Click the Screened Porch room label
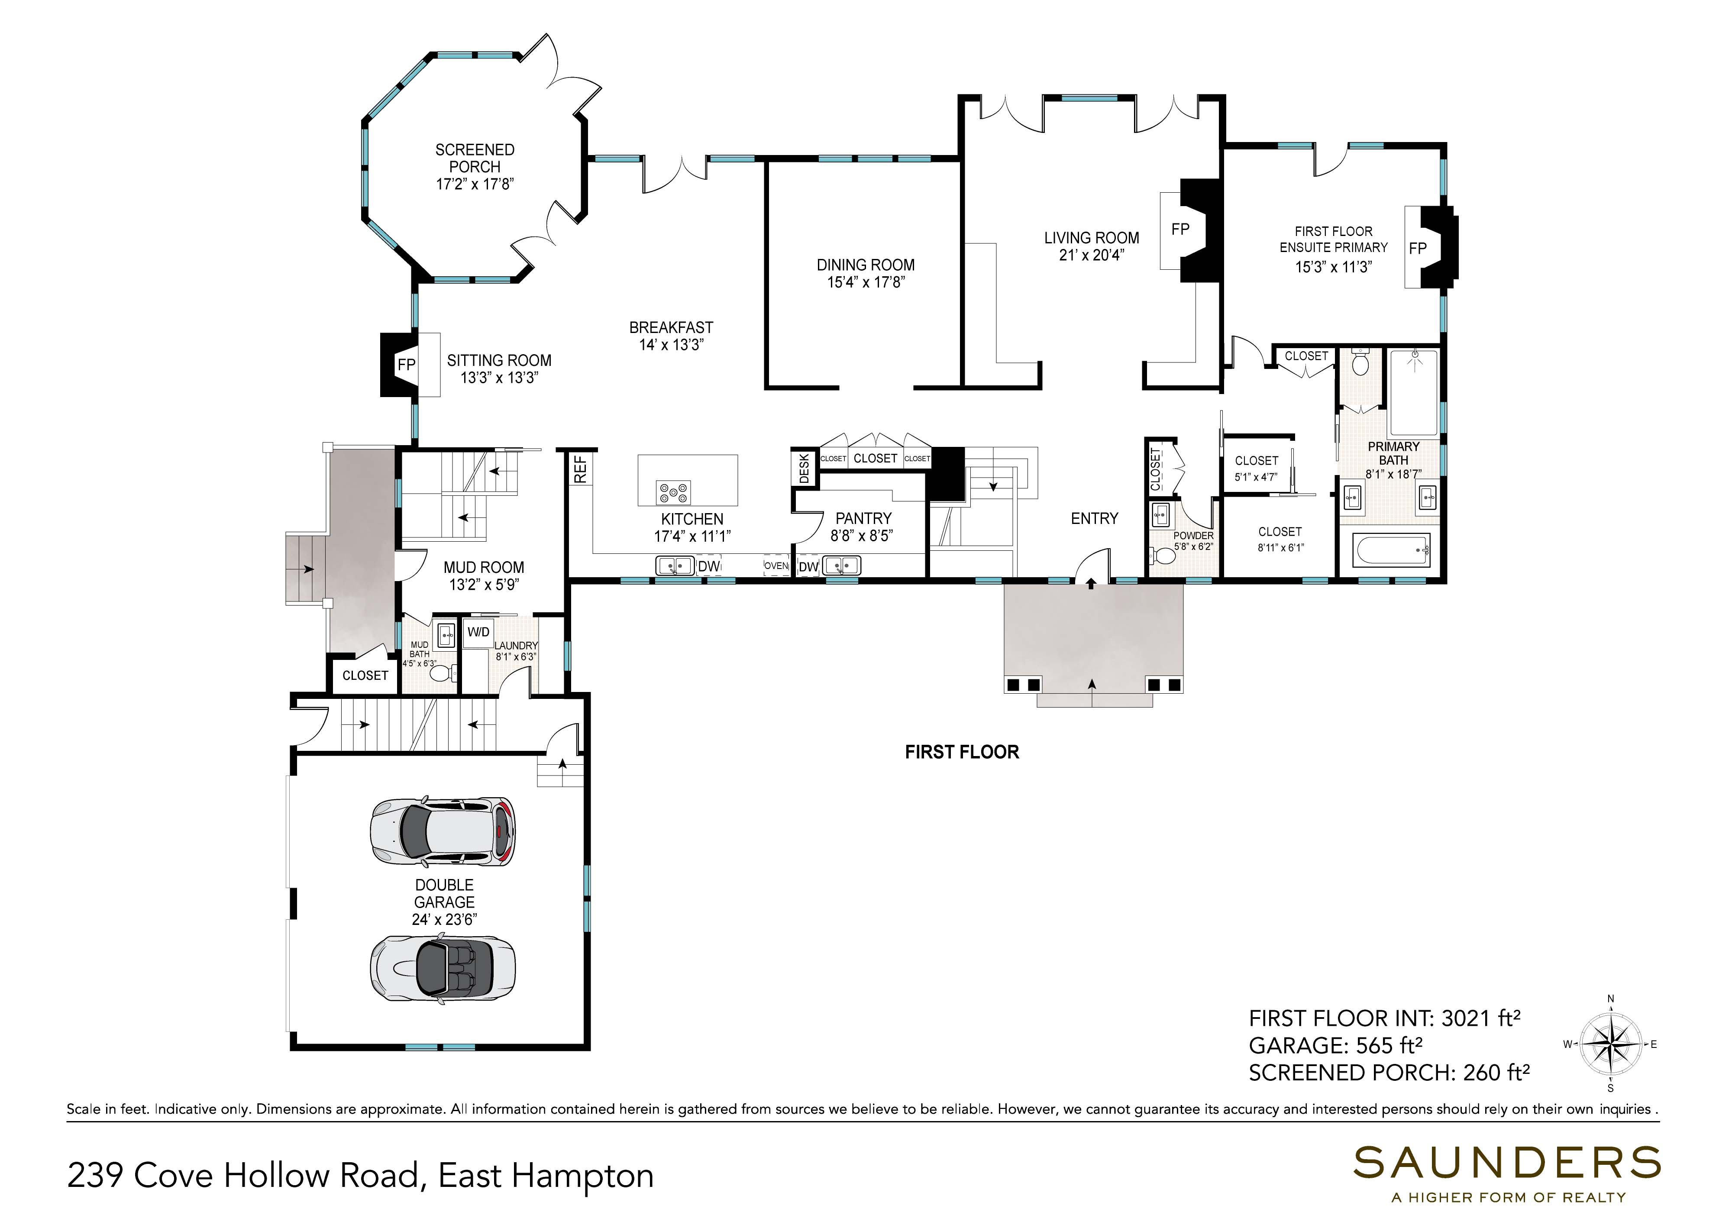tap(475, 158)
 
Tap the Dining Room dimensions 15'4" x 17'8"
tap(865, 283)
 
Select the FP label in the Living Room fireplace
tap(1180, 229)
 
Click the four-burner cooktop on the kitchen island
tap(673, 493)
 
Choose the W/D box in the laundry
tap(478, 632)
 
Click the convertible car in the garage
tap(443, 968)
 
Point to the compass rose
tap(1611, 1044)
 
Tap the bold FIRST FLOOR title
tap(962, 752)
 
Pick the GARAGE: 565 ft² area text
tap(1335, 1045)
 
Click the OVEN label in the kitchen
tap(776, 566)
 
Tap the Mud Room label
tap(484, 567)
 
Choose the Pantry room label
tap(863, 518)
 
